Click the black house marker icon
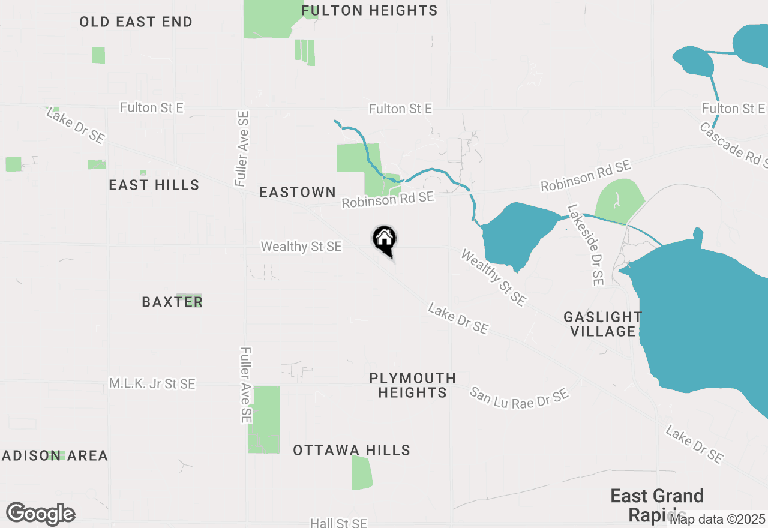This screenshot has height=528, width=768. (385, 240)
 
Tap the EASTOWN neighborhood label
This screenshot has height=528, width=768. (298, 192)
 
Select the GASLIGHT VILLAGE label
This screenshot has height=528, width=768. (602, 324)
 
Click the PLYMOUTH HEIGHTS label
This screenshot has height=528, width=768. (412, 385)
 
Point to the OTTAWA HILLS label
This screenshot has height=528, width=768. (352, 450)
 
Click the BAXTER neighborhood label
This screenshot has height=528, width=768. (172, 302)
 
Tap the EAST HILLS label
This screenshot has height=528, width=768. (154, 185)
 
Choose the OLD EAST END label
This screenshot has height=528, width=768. (136, 22)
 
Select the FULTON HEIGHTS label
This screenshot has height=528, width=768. (370, 10)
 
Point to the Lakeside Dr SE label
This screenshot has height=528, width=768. (586, 245)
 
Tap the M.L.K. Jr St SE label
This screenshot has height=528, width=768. (152, 383)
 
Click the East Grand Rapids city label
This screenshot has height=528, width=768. (657, 505)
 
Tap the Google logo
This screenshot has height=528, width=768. (40, 514)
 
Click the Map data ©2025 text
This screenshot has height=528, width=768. (717, 518)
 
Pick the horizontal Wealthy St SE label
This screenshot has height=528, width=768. (301, 247)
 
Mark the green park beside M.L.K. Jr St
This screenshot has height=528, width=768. (264, 419)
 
